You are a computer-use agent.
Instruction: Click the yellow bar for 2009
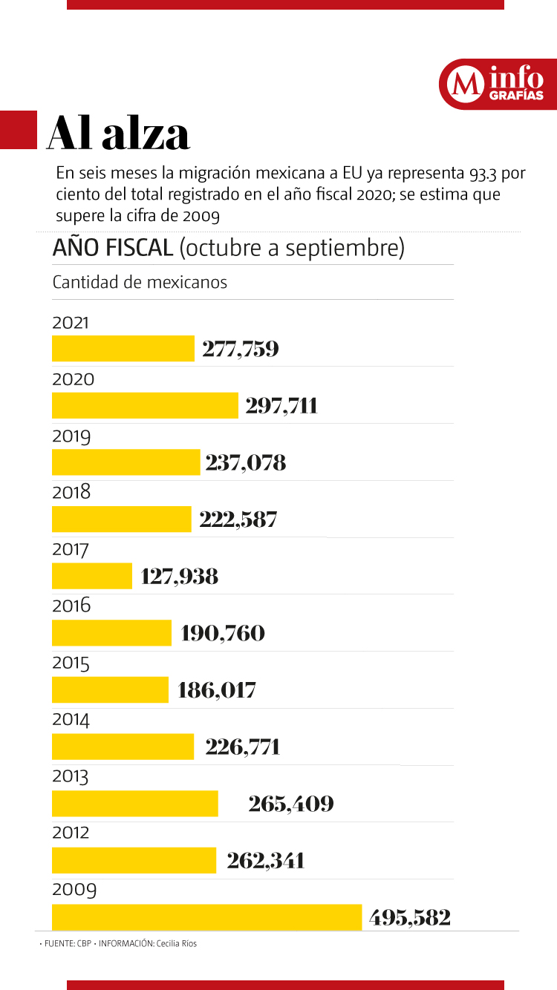click(206, 917)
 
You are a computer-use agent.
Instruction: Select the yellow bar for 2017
click(92, 576)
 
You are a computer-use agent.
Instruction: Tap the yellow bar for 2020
click(145, 406)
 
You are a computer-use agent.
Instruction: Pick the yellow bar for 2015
click(110, 689)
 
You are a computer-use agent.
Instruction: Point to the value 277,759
click(241, 349)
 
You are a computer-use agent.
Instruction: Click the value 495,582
click(410, 917)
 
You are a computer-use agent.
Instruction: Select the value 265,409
click(291, 804)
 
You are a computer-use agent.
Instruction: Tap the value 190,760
click(223, 633)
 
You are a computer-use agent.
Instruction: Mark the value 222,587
click(238, 519)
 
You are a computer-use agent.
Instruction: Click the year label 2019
click(71, 436)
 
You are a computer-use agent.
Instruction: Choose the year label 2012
click(71, 833)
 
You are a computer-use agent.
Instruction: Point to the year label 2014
click(71, 719)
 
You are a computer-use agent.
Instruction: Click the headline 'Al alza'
click(119, 134)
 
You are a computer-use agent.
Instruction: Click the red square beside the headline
click(18, 130)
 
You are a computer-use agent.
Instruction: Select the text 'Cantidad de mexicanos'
click(140, 283)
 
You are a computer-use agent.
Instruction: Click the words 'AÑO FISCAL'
click(112, 248)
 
